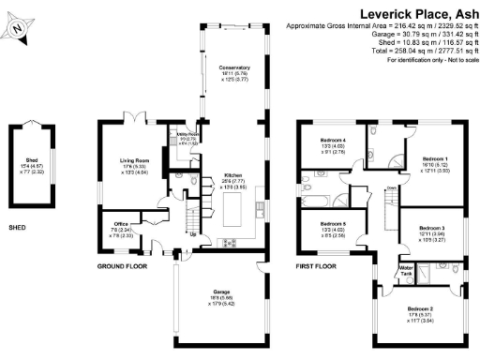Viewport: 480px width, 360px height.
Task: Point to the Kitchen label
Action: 233,174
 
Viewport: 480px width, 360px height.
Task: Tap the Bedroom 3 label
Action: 430,228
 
